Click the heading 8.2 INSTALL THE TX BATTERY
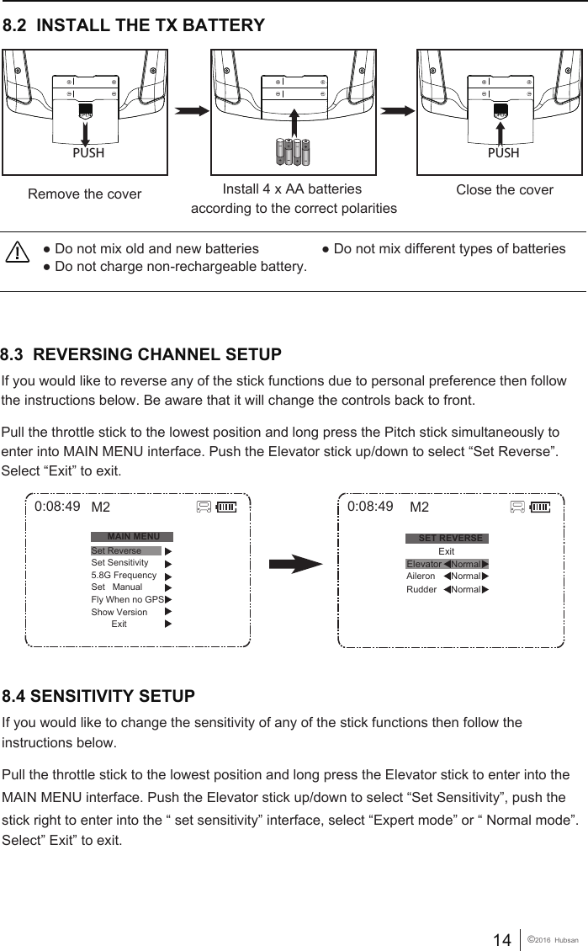(135, 26)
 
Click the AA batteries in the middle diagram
(294, 152)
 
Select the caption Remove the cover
(85, 194)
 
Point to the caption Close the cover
(504, 189)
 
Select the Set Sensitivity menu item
(119, 562)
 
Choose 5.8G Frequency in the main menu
(124, 575)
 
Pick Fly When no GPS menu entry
(127, 599)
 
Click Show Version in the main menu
(119, 612)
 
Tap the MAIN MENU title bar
(133, 536)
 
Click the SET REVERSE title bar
(448, 538)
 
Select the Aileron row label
(421, 576)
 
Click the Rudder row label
(421, 589)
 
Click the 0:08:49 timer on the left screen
(57, 507)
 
